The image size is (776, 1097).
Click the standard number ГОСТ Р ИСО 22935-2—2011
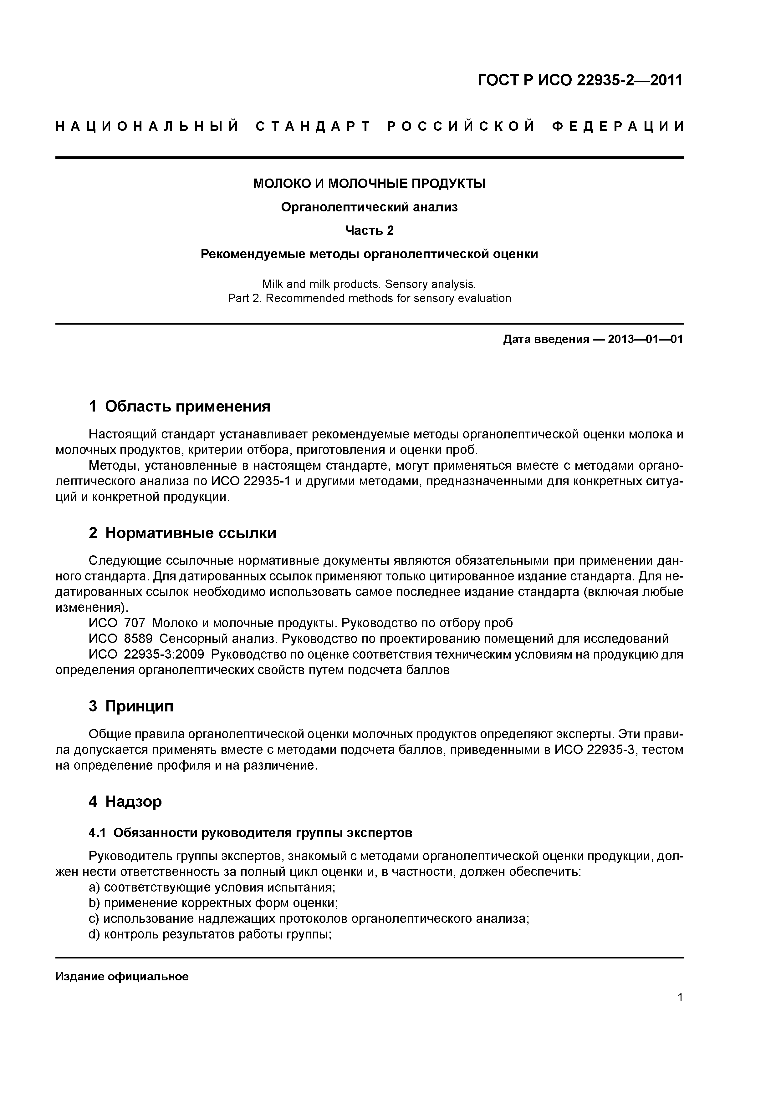[x=580, y=80]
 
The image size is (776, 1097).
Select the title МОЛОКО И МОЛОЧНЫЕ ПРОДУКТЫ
[x=369, y=184]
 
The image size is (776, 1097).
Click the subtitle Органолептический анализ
[x=369, y=207]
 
